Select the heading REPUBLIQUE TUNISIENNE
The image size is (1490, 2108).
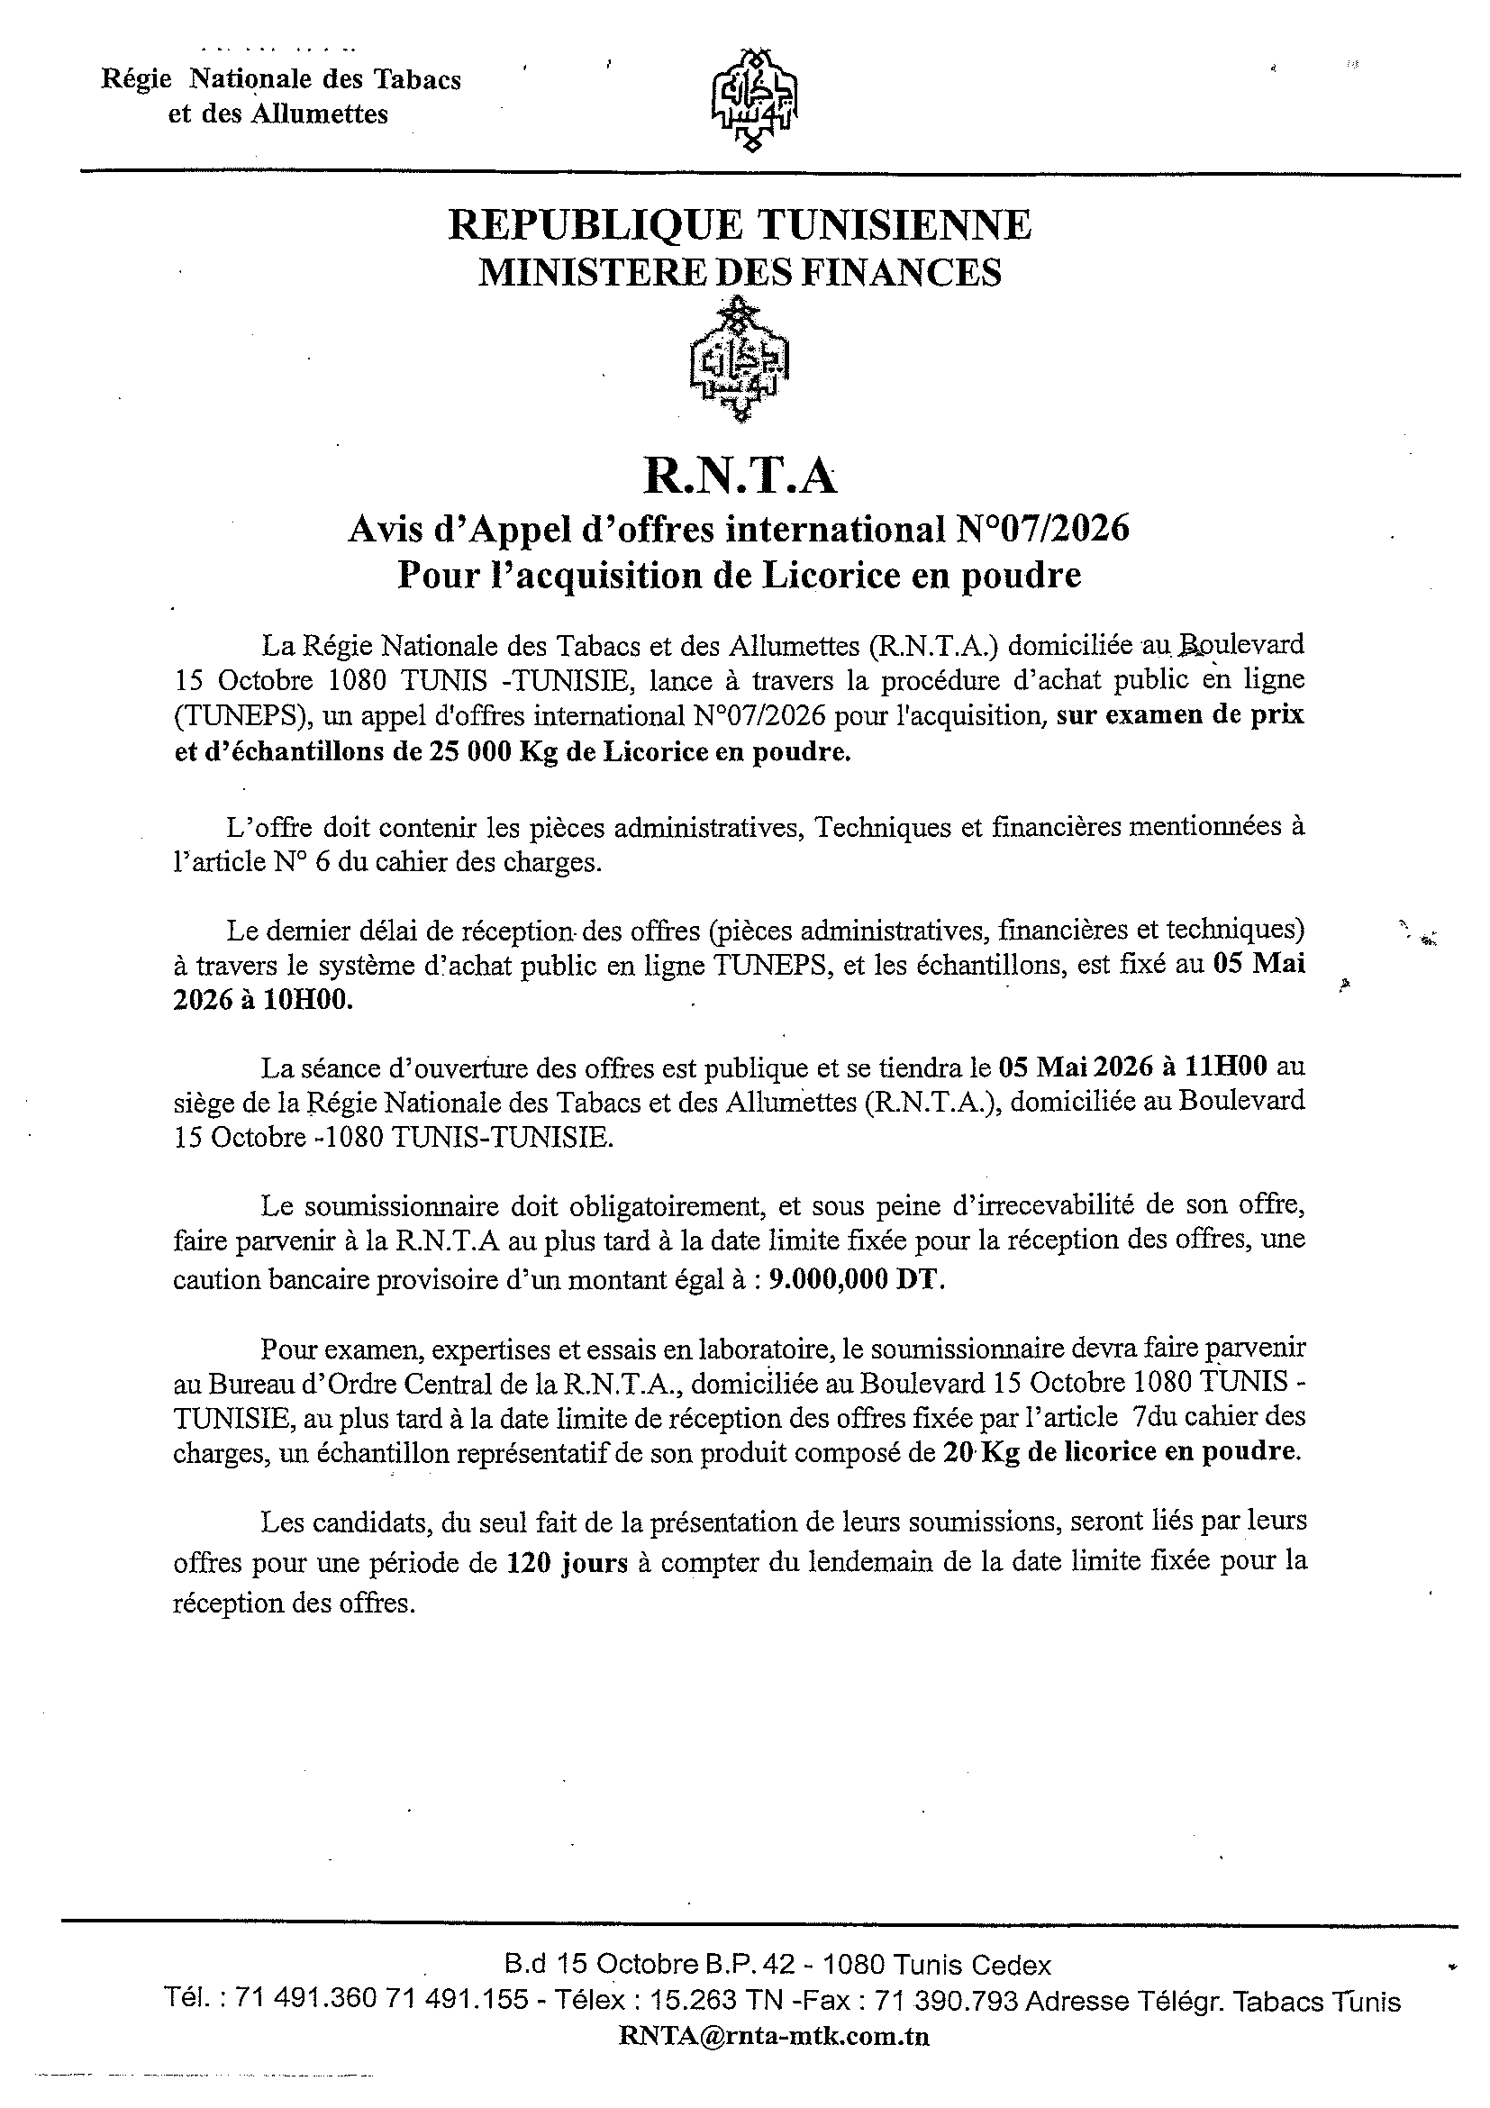pos(739,225)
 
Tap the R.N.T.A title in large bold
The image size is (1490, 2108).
pos(740,477)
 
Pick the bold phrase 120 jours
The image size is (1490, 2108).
pos(568,1563)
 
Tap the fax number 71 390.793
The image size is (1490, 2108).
pos(947,2001)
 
